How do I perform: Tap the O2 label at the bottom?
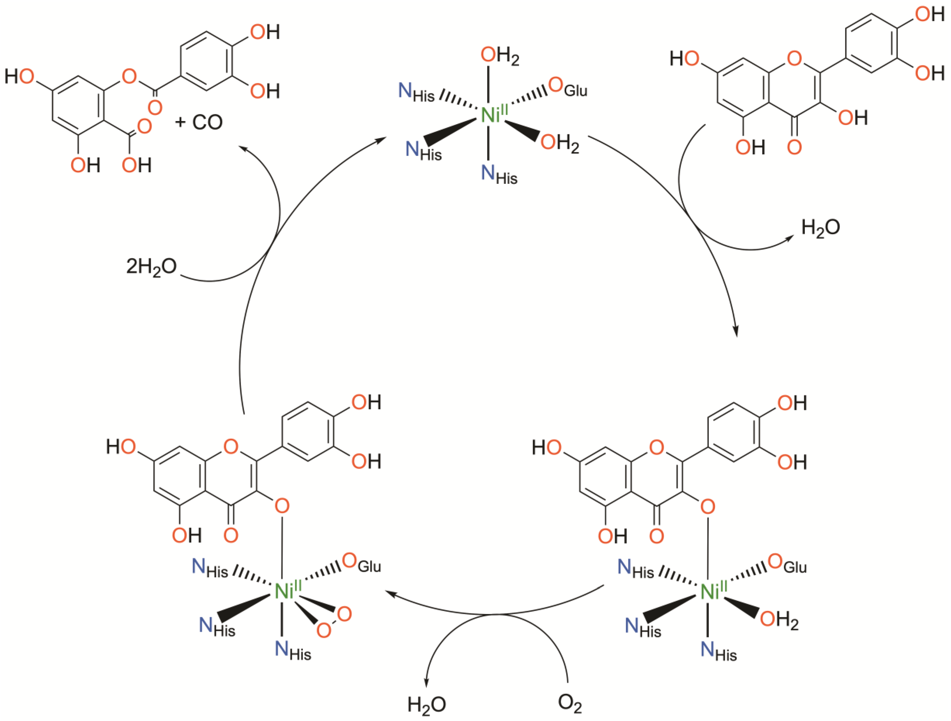coord(570,702)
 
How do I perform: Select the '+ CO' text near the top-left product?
coord(199,123)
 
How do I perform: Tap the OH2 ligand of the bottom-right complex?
coord(779,620)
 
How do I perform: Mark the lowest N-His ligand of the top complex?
coord(499,174)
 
